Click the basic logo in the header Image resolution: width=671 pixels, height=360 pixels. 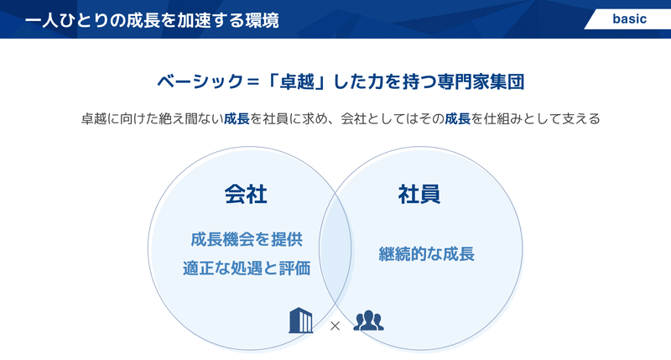point(629,19)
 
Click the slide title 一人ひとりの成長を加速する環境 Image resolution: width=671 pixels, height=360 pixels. point(152,20)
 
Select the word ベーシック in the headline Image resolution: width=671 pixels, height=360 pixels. point(200,81)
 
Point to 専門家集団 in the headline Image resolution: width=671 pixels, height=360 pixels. point(481,81)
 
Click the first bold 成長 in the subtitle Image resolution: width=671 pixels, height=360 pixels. point(237,118)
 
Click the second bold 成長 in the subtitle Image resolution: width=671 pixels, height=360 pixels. point(457,118)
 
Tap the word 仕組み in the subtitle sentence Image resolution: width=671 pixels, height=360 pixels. point(502,118)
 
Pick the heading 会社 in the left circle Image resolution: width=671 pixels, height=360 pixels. point(246,195)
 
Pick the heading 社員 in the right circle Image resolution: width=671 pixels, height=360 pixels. point(419,195)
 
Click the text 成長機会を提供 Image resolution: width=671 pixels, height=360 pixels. point(247,239)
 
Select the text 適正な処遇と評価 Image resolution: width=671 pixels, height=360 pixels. point(247,269)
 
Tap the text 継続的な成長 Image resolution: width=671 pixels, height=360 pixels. point(427,253)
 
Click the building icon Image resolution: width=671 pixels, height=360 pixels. point(300,321)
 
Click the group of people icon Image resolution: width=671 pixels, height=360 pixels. point(368,321)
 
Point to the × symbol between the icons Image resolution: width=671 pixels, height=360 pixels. point(335,326)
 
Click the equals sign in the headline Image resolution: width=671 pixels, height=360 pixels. point(253,81)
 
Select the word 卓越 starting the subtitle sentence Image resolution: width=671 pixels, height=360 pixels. point(94,118)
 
